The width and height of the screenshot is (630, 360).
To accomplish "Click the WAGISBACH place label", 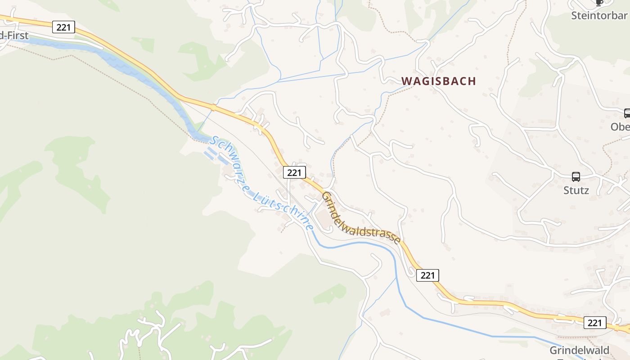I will tap(438, 81).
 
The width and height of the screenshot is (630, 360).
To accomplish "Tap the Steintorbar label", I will tap(599, 16).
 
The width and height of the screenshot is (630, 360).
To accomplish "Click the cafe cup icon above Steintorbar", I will tap(599, 2).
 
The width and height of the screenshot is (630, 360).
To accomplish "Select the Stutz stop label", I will tap(576, 190).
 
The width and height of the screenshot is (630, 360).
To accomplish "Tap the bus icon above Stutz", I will tap(576, 177).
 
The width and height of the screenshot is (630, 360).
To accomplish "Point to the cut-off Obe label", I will tap(620, 127).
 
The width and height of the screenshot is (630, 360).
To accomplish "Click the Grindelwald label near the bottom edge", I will tap(580, 350).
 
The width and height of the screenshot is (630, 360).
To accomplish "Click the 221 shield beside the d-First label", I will tap(63, 27).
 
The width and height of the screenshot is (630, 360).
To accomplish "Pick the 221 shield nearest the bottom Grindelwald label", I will tap(595, 322).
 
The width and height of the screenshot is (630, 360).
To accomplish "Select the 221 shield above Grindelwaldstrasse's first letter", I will tap(295, 172).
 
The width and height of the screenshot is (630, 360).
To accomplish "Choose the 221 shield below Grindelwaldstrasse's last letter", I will tap(427, 275).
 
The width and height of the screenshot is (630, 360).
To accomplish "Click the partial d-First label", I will tap(14, 36).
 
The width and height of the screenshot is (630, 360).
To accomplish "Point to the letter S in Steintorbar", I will tap(575, 16).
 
